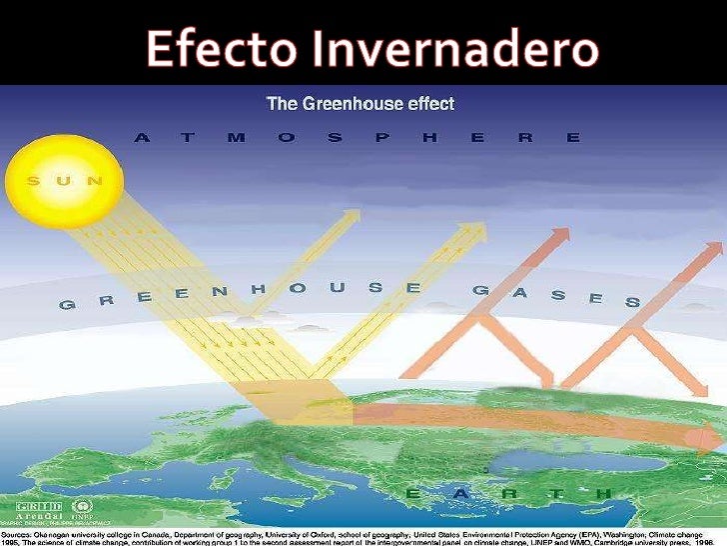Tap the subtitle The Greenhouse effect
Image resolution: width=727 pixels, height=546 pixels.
359,103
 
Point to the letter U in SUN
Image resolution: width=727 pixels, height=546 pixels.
64,181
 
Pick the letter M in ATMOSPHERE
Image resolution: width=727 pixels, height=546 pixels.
236,138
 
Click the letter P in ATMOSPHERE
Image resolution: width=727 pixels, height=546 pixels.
379,138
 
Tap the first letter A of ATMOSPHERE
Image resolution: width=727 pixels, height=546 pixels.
142,138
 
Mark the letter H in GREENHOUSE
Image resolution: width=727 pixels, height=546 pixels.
258,289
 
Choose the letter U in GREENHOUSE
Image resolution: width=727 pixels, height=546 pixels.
337,287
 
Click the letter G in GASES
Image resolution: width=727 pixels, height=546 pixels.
479,290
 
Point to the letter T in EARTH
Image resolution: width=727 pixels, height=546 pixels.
555,494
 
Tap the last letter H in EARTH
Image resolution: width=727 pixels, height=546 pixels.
602,494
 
